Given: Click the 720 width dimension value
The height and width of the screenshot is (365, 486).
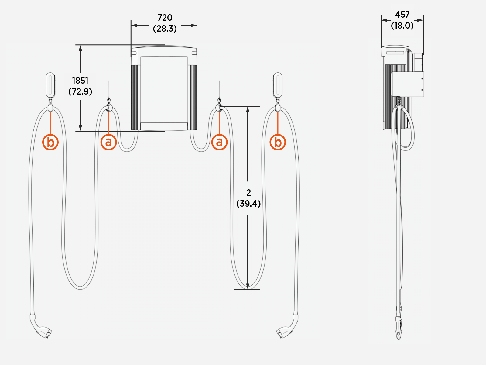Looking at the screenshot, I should click(x=165, y=18).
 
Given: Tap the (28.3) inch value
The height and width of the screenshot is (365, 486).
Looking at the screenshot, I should click(x=165, y=29).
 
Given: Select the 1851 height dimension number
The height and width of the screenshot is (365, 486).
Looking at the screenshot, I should click(x=80, y=81).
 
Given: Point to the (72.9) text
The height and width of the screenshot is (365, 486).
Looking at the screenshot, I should click(x=80, y=91).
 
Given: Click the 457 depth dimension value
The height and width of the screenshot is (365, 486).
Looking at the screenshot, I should click(x=402, y=15).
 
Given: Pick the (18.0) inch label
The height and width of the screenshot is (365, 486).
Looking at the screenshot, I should click(x=402, y=26).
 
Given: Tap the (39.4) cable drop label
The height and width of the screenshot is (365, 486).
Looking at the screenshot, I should click(x=248, y=204).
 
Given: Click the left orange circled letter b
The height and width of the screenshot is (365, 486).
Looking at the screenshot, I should click(x=50, y=142).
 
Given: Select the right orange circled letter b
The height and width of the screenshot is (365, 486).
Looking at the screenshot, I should click(x=278, y=142).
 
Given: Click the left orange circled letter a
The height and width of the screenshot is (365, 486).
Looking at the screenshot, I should click(x=108, y=142).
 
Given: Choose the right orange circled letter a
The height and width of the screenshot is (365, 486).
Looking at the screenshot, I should click(x=219, y=142).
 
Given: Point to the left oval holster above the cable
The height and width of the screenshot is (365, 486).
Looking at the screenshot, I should click(x=50, y=85).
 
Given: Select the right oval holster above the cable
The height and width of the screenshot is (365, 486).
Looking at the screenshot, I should click(x=278, y=85).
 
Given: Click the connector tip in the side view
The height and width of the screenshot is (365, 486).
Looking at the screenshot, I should click(x=399, y=334).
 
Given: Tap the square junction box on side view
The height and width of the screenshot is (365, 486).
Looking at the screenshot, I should click(x=407, y=84).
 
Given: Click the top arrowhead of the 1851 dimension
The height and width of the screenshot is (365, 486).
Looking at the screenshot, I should click(x=80, y=48).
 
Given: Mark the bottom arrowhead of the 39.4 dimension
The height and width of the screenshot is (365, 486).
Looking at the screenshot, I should click(x=248, y=286).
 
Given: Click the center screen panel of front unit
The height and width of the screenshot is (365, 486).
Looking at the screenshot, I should click(x=164, y=90).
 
